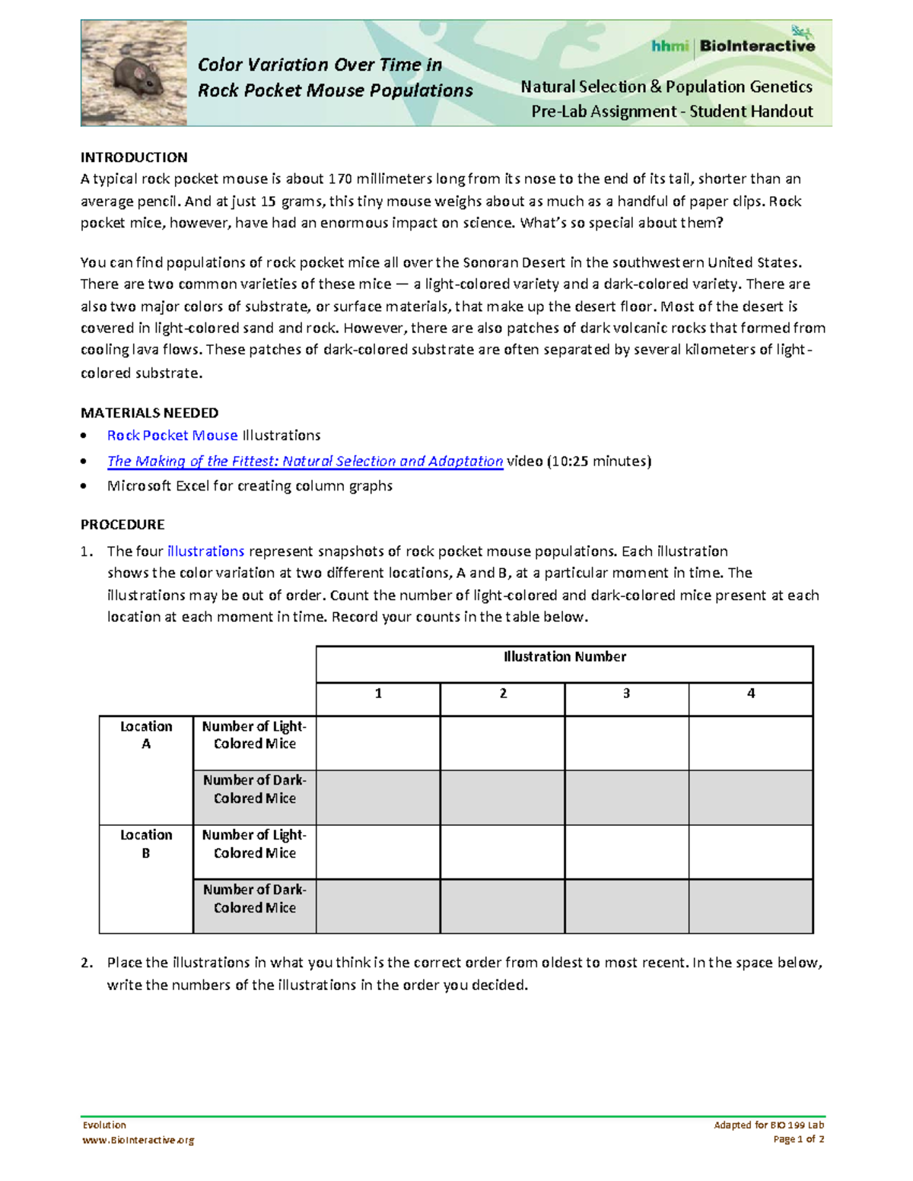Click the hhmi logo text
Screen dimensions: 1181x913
coord(670,46)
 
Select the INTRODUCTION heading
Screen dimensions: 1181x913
coord(134,157)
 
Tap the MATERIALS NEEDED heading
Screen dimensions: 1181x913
coord(149,413)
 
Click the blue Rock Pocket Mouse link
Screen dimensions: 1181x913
coord(172,436)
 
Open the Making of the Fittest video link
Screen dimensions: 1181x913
coord(305,462)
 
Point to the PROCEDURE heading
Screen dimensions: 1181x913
coord(122,525)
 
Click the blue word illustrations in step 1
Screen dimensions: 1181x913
coord(205,551)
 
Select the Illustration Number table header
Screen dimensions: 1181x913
coord(565,657)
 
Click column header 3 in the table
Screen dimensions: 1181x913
coord(626,694)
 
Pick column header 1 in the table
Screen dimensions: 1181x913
coord(378,694)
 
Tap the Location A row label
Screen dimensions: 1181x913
coord(146,735)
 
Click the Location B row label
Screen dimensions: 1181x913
coord(146,844)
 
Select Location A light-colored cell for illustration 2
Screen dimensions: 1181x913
coord(502,743)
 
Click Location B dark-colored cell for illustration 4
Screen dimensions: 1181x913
coord(750,906)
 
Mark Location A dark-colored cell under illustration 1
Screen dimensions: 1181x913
coord(378,798)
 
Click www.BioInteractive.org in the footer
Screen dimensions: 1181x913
coord(138,1140)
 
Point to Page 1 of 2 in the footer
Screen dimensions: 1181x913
coord(798,1139)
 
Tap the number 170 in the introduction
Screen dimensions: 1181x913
coord(339,179)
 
